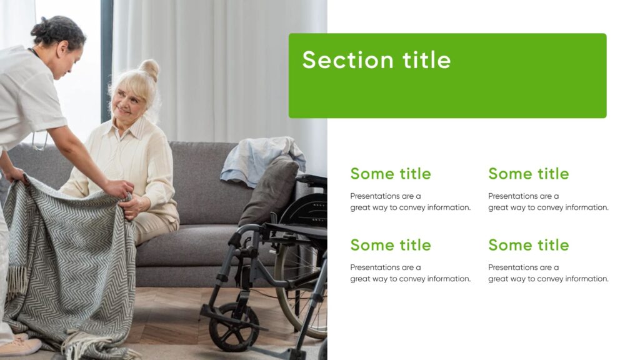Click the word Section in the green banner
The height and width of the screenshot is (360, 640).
coord(347,60)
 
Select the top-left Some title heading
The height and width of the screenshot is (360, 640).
coord(390,174)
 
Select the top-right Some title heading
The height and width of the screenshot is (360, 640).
coord(528,174)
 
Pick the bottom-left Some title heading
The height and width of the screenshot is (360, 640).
coord(390,245)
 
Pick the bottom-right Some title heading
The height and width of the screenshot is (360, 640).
coord(528,245)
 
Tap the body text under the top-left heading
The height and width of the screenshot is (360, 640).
coord(410,202)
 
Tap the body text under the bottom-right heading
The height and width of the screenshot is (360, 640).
coord(548,273)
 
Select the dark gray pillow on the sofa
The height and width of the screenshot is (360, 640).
coord(270,191)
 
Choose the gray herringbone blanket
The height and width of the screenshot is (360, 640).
coord(69,262)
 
